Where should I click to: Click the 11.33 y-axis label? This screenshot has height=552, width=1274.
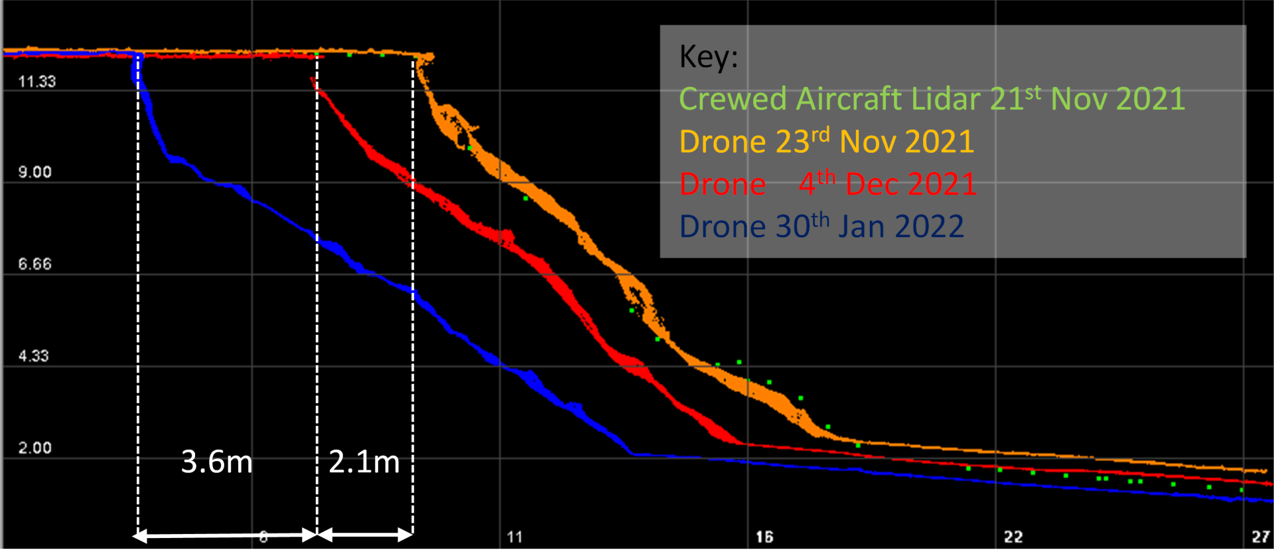[x=37, y=82]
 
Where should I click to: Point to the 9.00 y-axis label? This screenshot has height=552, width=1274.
[x=35, y=172]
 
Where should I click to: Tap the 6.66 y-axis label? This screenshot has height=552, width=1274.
[x=35, y=264]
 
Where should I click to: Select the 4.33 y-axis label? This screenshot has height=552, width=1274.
[x=34, y=355]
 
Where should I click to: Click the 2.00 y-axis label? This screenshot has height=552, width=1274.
[x=35, y=448]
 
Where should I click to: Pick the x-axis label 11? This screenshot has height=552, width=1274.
[x=515, y=537]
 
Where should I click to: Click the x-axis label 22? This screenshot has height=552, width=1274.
[x=1013, y=537]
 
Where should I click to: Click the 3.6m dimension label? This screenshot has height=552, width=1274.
[x=217, y=462]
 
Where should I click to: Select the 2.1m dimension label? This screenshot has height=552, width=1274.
[x=364, y=462]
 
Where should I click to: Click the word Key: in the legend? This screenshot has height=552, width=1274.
[x=709, y=57]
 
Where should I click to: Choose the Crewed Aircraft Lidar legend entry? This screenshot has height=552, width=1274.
[x=932, y=99]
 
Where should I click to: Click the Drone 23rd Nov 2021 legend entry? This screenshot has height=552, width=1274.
[x=827, y=141]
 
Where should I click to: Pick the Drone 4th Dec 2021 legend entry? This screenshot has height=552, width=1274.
[x=828, y=184]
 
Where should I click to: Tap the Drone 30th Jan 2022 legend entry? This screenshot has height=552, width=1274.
[x=821, y=227]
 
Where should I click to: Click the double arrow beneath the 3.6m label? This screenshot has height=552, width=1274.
[x=226, y=535]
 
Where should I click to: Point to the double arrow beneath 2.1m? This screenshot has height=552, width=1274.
[x=365, y=535]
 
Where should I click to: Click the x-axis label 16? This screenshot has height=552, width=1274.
[x=764, y=537]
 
